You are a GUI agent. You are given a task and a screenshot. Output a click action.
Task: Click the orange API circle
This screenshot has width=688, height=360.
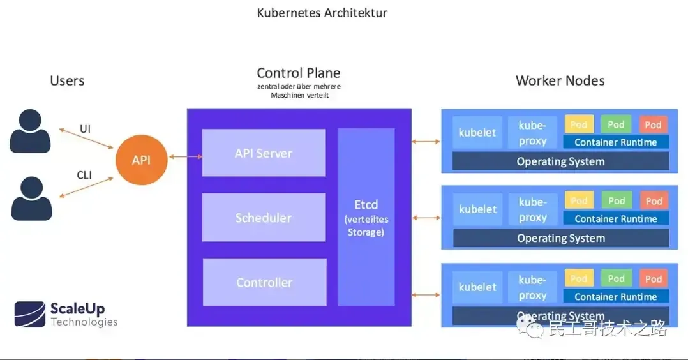coord(141,160)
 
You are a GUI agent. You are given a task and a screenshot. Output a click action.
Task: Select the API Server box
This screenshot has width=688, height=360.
coord(264,153)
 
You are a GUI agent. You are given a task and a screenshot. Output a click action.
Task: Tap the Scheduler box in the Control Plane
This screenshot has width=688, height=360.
coord(264,218)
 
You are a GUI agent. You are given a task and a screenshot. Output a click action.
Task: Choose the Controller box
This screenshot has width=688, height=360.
coord(264,282)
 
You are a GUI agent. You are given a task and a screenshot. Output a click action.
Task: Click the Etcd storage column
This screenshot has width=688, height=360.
coord(366,217)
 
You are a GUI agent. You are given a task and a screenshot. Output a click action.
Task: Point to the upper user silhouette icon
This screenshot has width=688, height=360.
coord(30,131)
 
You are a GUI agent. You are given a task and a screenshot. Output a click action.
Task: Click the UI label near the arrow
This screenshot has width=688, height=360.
coord(85,129)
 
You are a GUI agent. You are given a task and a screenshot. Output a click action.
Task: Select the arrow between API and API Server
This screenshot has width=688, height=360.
coord(184,156)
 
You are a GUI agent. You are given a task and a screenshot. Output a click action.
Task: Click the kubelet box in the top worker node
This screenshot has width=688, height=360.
coord(477,133)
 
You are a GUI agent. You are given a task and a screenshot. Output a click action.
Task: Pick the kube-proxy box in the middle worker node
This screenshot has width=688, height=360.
coord(532,210)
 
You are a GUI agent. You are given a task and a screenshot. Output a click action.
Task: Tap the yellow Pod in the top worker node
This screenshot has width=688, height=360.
coord(579,124)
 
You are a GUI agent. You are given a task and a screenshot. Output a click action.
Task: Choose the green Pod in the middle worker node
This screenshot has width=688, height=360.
coord(616,201)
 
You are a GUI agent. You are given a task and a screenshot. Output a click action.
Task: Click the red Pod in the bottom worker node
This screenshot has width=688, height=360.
coord(653,279)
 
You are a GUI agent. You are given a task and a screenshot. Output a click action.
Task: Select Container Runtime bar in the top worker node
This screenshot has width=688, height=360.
coord(615,142)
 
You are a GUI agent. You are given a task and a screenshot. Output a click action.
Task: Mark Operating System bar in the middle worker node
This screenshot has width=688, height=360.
coord(560,238)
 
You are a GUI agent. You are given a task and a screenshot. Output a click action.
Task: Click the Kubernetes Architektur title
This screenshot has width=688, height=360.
coord(322,13)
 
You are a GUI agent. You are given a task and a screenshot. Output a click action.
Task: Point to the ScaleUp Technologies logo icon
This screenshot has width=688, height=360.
coord(30,313)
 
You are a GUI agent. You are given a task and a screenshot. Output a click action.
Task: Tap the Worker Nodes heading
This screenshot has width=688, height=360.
coord(560,81)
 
